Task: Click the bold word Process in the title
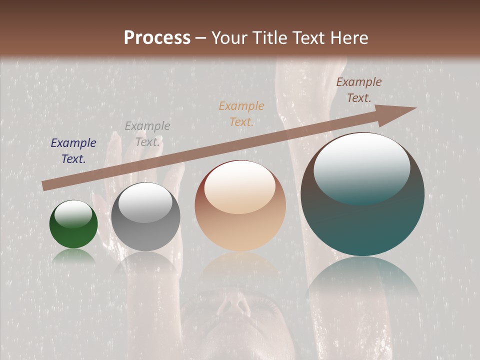157,38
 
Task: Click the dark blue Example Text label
73,151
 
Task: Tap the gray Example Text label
147,134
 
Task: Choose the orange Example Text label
241,114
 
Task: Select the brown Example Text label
358,90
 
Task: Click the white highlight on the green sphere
73,214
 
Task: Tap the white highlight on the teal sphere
361,167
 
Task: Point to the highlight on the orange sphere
239,187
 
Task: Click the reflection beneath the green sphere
73,256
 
